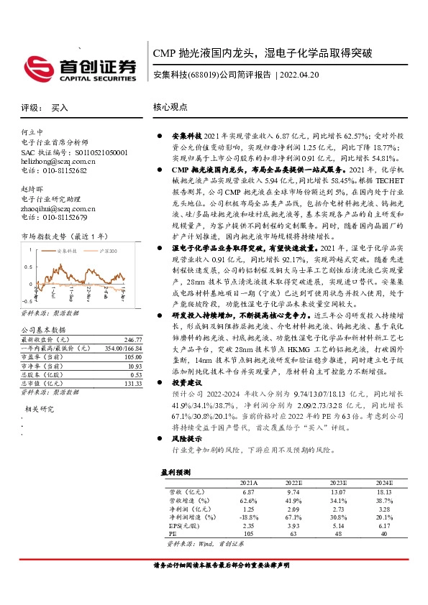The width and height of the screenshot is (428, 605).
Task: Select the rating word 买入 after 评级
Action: (x=59, y=108)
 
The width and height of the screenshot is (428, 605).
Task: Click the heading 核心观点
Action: (x=170, y=107)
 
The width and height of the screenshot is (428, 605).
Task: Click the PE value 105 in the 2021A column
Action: (x=250, y=534)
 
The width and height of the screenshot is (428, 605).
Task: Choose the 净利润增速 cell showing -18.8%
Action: (x=250, y=517)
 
